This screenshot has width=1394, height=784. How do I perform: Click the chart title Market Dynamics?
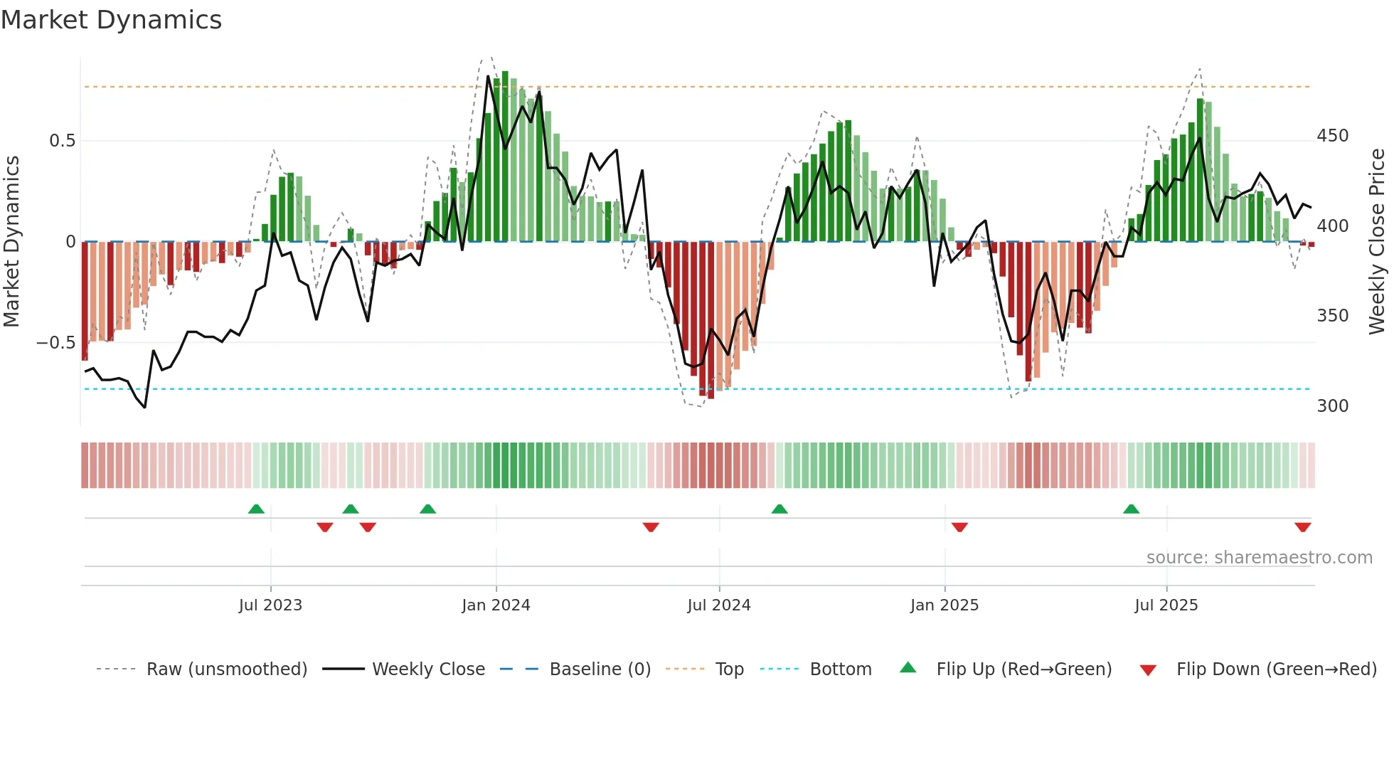111,20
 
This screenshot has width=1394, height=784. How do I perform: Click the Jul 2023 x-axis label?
270,605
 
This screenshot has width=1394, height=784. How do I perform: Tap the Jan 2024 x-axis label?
496,605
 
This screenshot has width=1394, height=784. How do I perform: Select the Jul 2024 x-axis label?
719,605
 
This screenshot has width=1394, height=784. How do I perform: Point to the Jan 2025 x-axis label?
945,605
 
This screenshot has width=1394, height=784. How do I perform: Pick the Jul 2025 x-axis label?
1166,605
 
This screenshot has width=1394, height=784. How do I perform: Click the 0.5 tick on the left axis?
63,141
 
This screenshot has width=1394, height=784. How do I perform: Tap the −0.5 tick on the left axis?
56,343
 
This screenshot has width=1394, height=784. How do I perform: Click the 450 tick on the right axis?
1332,136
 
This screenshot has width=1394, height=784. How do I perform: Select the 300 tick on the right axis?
1332,406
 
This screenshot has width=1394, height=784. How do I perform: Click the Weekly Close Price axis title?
1378,242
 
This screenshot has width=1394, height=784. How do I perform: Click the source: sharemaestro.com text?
1259,558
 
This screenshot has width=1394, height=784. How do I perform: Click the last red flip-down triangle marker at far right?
1303,527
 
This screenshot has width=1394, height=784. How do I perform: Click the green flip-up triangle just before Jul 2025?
1131,509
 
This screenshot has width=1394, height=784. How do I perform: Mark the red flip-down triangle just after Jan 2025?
959,527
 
